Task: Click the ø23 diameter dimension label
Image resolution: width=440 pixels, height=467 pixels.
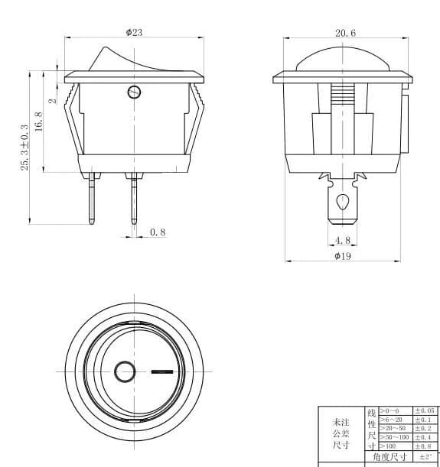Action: tap(134, 32)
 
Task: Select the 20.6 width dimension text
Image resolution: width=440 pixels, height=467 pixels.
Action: tap(345, 33)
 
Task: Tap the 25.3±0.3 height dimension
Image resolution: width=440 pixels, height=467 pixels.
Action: tap(24, 148)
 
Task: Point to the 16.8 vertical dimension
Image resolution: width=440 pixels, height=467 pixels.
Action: tap(38, 121)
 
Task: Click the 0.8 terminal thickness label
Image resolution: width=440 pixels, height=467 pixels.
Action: tap(158, 232)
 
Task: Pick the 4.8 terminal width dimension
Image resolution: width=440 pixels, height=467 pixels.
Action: tap(343, 240)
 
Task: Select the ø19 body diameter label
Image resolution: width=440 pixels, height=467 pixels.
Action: tap(343, 256)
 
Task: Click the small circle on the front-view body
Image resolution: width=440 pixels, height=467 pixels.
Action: tap(134, 93)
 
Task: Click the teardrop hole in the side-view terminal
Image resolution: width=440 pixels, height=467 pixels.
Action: tap(343, 203)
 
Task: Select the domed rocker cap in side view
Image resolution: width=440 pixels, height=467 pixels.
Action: tap(344, 60)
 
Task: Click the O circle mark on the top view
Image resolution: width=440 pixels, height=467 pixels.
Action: tap(124, 372)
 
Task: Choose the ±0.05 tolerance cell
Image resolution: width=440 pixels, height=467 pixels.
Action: tap(424, 411)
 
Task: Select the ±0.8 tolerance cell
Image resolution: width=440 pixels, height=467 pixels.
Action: tap(424, 446)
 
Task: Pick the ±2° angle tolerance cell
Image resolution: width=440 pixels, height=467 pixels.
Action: tap(425, 456)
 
